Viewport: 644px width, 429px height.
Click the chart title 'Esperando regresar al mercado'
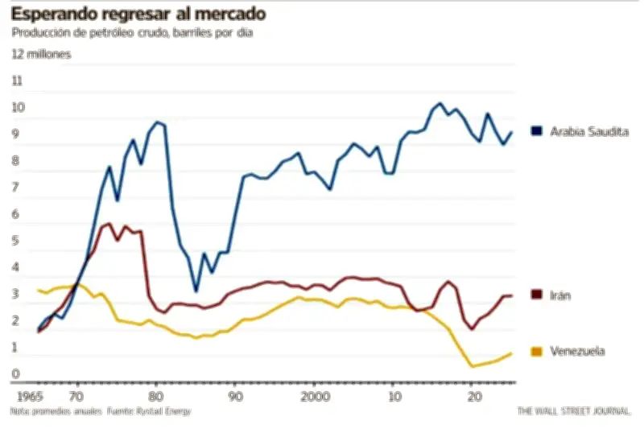pos(138,14)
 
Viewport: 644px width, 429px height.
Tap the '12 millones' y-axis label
pos(41,54)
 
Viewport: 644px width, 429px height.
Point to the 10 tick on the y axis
pos(16,107)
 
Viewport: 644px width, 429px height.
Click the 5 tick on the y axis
pos(16,241)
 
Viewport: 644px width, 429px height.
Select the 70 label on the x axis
pos(76,397)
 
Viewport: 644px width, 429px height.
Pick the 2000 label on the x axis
pos(315,397)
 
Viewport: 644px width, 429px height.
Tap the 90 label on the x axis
pos(235,397)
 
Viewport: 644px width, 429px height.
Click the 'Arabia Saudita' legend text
pos(588,131)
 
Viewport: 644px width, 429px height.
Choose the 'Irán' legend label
pos(561,295)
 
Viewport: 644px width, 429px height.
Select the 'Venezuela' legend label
pos(577,351)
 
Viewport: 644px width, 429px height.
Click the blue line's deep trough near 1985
pos(196,291)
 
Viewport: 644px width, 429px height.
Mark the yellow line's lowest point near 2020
pos(473,366)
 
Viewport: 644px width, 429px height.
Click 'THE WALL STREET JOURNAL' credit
pos(574,410)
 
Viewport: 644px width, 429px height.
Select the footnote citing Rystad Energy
pos(101,410)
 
